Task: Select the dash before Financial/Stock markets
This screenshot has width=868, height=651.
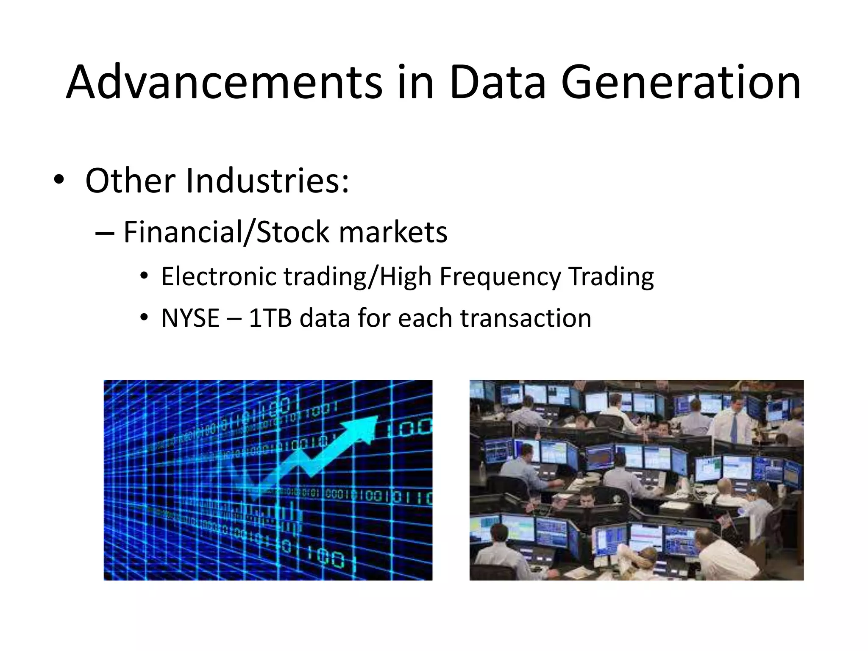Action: (105, 233)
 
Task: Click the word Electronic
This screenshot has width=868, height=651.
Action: (219, 276)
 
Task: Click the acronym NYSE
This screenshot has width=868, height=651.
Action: (190, 318)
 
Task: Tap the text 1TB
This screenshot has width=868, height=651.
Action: (270, 318)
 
